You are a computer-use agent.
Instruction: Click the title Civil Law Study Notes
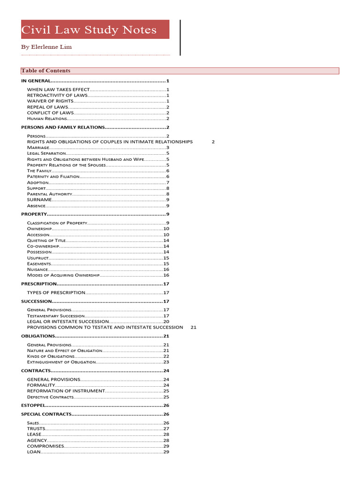pos(89,30)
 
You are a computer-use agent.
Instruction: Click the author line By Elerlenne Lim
pos(46,47)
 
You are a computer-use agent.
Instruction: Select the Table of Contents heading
pos(45,71)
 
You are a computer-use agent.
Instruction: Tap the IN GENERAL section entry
pos(36,81)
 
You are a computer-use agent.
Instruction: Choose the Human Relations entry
pos(47,119)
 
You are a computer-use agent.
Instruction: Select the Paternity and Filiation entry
pos(52,177)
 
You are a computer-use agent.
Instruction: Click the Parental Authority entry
pos(50,194)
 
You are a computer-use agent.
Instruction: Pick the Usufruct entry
pos(37,258)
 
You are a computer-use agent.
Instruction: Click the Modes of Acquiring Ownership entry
pos(63,275)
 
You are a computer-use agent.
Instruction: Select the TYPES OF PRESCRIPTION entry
pos(56,292)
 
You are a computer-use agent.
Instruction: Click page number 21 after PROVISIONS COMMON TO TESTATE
pos(194,327)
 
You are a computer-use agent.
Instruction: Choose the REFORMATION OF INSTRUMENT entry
pos(66,391)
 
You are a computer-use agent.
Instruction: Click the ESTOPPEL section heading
pos(33,405)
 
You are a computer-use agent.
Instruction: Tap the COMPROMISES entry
pos(45,446)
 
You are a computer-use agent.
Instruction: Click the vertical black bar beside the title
pos(180,37)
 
